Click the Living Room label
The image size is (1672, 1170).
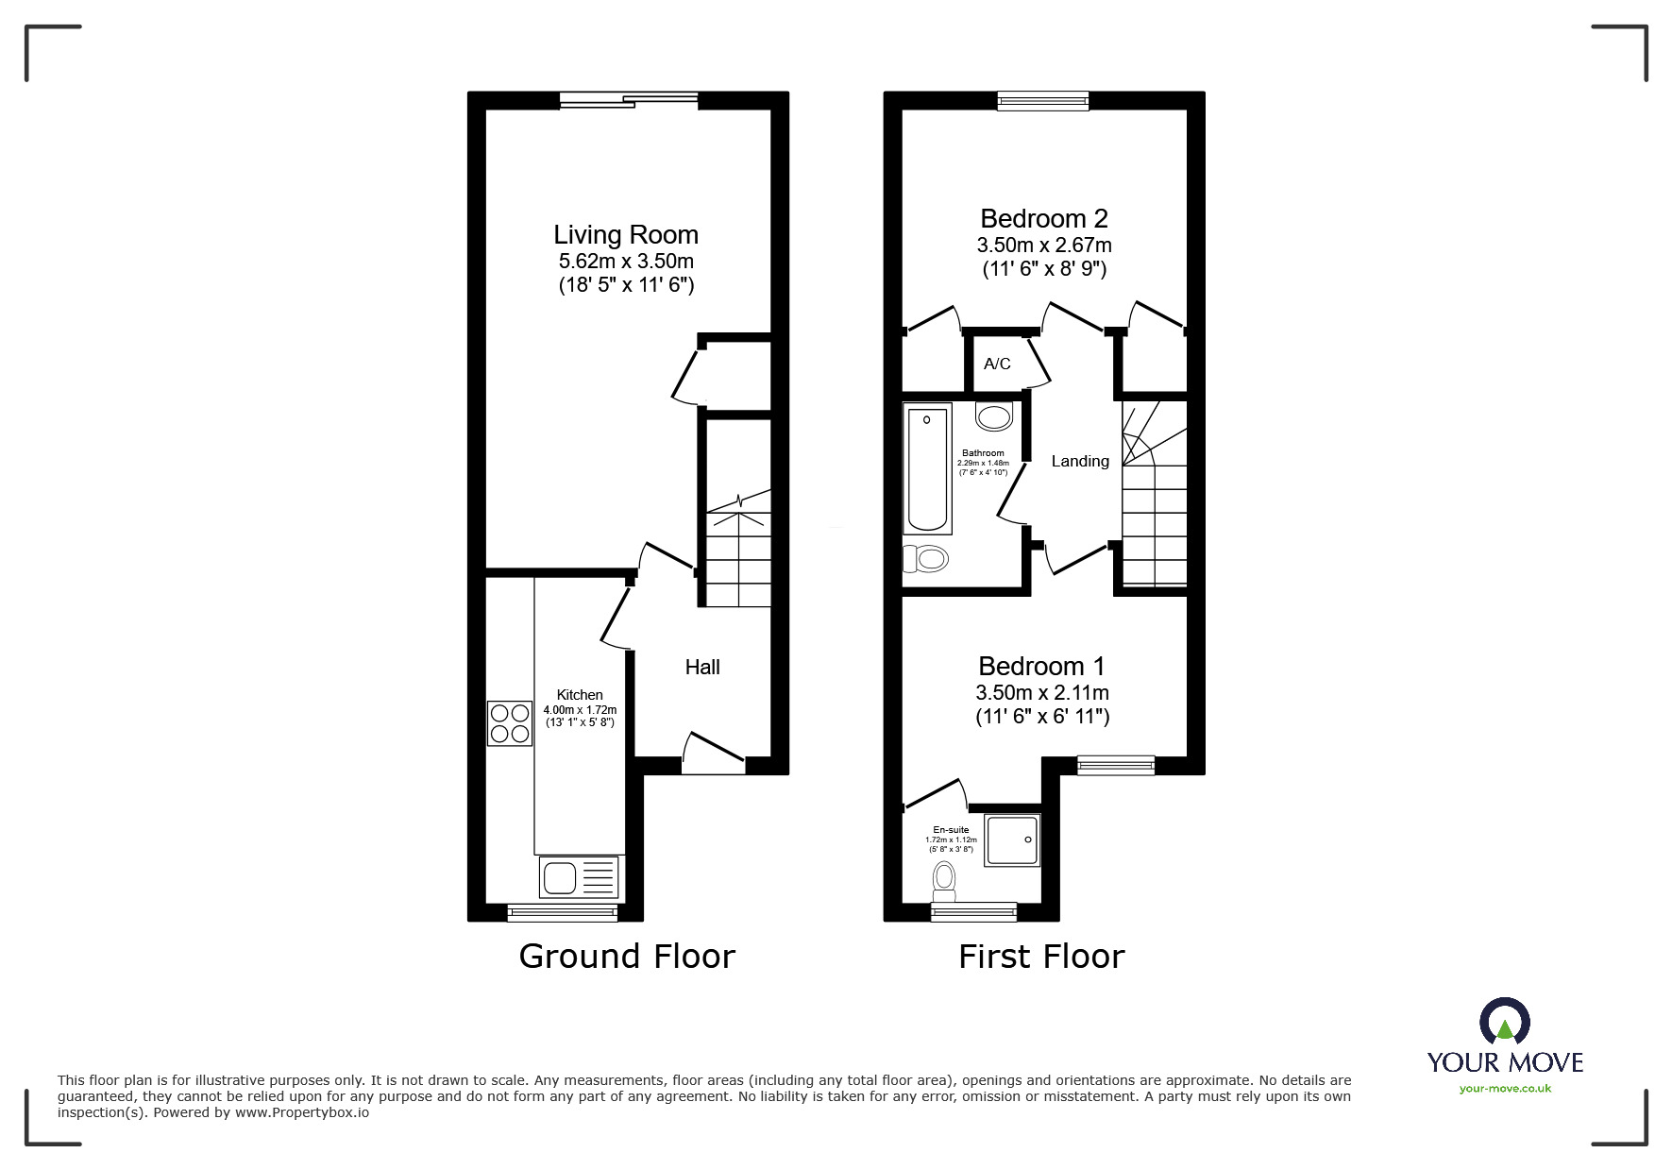(625, 235)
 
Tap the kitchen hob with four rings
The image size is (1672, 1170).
(510, 723)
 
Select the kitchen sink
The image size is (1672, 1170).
(579, 876)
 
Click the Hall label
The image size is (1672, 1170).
(701, 668)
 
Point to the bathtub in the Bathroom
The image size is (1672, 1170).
(926, 466)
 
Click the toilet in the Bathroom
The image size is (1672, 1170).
(925, 559)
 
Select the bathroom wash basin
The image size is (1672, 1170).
(994, 415)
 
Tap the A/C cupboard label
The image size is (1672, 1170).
(997, 364)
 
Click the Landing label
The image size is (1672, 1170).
(1080, 461)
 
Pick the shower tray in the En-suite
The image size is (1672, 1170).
(1012, 839)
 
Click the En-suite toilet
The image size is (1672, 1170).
(943, 882)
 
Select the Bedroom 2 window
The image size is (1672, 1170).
(1043, 100)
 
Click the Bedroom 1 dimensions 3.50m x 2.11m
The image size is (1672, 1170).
(1041, 693)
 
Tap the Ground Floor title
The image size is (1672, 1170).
(626, 957)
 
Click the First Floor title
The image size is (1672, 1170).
(1041, 957)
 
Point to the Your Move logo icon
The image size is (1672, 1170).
(1504, 1022)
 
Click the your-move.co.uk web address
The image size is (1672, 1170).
(1505, 1089)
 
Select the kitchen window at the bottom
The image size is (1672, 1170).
(562, 912)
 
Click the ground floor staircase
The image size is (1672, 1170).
(738, 557)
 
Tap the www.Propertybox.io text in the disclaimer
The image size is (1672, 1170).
(302, 1112)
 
